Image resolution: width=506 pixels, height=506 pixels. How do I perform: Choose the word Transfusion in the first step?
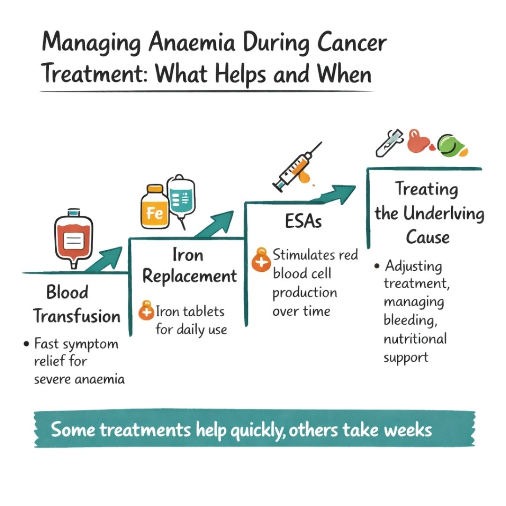click(77, 317)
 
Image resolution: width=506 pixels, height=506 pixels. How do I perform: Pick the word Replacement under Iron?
click(190, 276)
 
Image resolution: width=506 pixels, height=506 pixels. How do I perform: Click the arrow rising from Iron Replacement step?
click(214, 225)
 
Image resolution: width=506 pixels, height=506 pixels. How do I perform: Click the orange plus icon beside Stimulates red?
click(261, 260)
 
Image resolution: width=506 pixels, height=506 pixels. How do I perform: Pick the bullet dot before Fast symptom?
click(26, 344)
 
